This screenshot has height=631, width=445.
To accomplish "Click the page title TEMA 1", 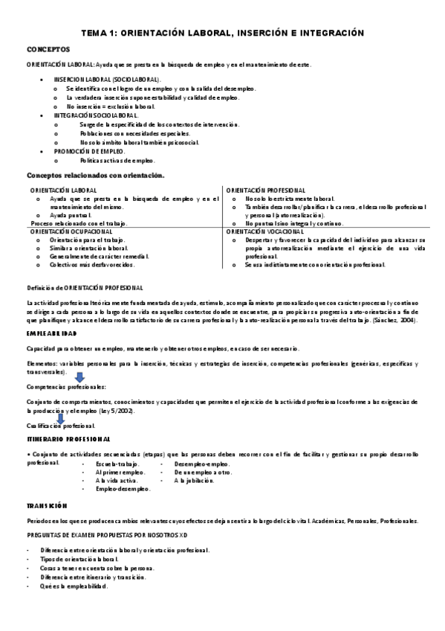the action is click(222, 33).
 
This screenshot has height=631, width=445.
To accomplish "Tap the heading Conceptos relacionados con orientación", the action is click(95, 175).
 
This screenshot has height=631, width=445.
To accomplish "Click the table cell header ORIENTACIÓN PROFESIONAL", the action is click(265, 190).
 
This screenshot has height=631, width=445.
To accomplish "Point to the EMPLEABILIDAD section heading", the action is click(54, 334).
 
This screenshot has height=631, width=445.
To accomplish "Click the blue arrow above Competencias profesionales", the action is click(79, 377).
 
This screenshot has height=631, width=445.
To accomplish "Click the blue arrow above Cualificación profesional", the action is click(61, 417).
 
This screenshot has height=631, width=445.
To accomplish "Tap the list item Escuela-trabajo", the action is click(117, 464).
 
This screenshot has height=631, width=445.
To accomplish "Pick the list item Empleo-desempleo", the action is click(123, 489).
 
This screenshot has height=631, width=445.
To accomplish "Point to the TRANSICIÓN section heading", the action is click(47, 505).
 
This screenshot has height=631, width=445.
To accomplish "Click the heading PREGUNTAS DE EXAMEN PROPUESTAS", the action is click(107, 536).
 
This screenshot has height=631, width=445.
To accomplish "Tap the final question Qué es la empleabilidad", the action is click(75, 586).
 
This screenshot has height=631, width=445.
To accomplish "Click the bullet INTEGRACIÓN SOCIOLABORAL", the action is click(96, 116).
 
